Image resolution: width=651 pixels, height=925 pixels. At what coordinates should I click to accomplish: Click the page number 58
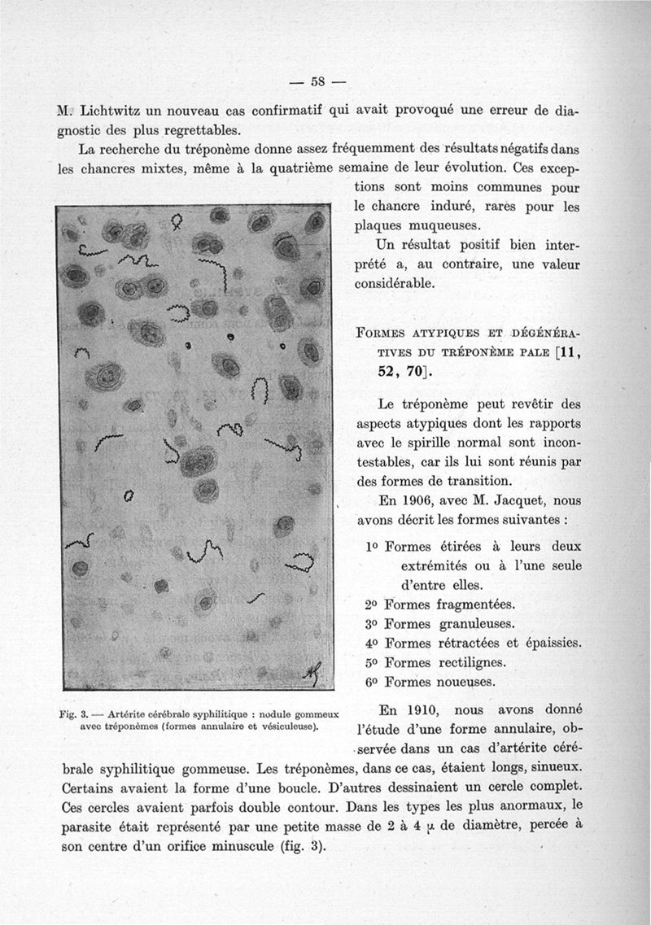click(x=317, y=81)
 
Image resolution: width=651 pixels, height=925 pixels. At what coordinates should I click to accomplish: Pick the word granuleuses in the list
click(x=461, y=624)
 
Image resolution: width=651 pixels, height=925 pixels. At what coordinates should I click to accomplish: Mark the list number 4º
click(x=373, y=644)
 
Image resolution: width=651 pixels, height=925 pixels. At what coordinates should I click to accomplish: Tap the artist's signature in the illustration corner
click(x=312, y=670)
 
